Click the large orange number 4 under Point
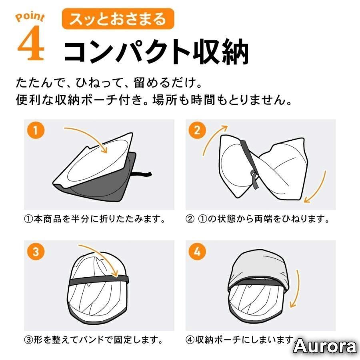[x=31, y=43]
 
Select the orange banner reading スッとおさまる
[x=118, y=19]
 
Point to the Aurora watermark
[x=325, y=346]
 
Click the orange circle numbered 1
[x=35, y=130]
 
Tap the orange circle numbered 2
[x=197, y=130]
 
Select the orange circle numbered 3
[x=35, y=252]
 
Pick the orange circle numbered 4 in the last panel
[x=197, y=252]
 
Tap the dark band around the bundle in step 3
[x=99, y=281]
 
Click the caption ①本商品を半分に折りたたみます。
[x=94, y=219]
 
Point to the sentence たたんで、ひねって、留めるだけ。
[x=109, y=83]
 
